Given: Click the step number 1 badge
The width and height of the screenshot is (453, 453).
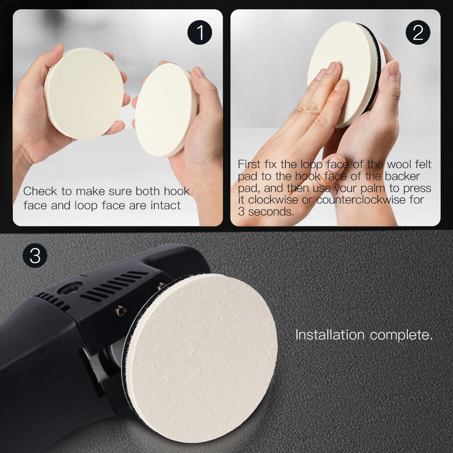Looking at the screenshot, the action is (x=200, y=32).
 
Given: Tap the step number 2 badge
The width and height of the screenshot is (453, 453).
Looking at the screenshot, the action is (x=418, y=32).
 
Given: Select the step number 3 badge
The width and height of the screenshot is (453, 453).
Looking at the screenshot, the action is (x=35, y=255).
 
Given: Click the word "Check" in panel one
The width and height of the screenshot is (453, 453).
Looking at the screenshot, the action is (x=40, y=191).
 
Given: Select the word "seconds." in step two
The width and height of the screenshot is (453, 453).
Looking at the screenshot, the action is (x=271, y=212).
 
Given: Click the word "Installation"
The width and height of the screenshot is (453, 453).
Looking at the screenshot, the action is (x=330, y=335).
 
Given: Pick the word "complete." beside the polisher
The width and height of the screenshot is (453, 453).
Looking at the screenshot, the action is (x=401, y=335).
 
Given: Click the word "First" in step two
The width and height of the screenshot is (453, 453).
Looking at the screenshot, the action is (x=249, y=164).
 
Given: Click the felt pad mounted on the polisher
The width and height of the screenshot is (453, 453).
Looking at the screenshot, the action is (x=200, y=357).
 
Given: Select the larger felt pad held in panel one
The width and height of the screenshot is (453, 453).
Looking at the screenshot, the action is (x=84, y=94).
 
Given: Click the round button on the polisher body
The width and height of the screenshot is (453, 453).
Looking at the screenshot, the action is (x=70, y=288).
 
